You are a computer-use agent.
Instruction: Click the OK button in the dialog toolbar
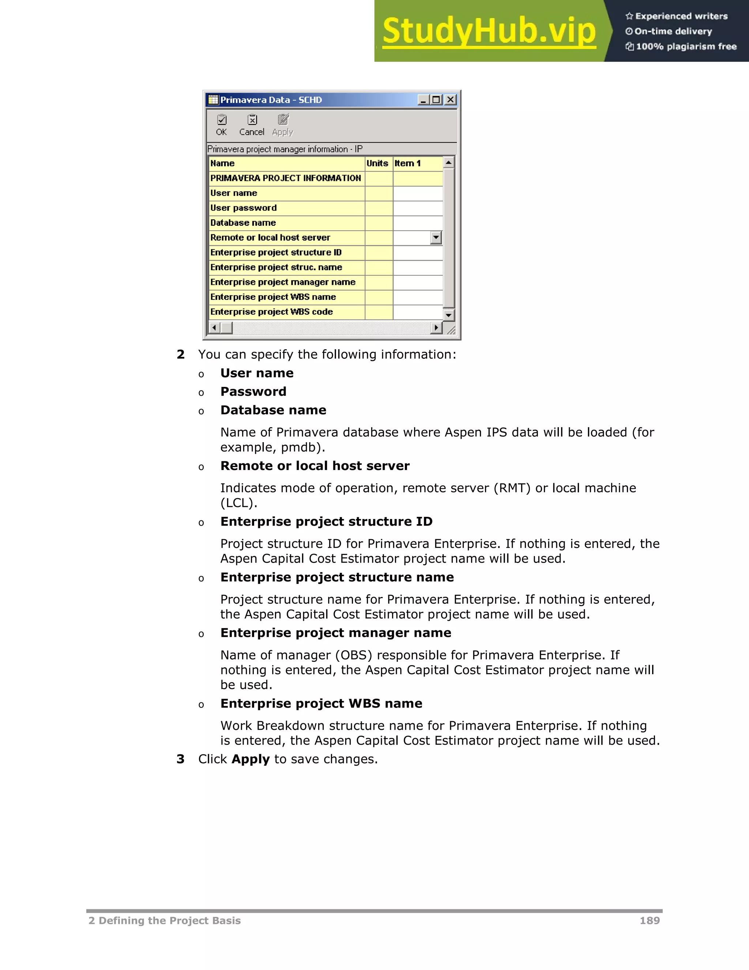tap(221, 125)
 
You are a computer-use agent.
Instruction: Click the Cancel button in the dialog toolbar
tap(252, 125)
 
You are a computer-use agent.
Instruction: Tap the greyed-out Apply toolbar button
tap(283, 125)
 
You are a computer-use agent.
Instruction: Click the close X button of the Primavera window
tap(450, 100)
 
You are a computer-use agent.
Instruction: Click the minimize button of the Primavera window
tap(423, 100)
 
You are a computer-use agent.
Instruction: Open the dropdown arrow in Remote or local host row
tap(436, 238)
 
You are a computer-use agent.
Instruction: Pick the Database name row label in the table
tap(243, 223)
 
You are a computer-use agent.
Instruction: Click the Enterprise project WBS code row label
tap(272, 312)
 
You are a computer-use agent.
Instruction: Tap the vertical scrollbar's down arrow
tap(449, 315)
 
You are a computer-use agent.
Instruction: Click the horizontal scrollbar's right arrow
tap(436, 328)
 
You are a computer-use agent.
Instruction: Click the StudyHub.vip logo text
tap(489, 31)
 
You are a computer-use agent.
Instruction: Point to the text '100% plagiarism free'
tap(686, 46)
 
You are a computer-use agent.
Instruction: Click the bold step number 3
tap(180, 759)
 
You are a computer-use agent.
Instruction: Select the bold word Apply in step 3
tap(250, 759)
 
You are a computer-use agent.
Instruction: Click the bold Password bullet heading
tap(253, 391)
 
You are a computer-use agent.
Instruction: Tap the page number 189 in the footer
tap(650, 921)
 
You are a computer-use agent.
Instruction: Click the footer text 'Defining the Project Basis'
tap(169, 921)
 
